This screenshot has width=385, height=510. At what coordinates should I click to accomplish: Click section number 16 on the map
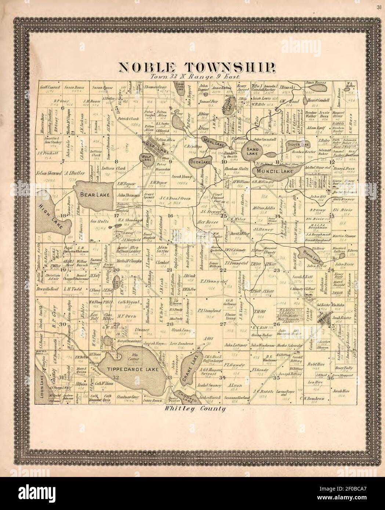170,216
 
